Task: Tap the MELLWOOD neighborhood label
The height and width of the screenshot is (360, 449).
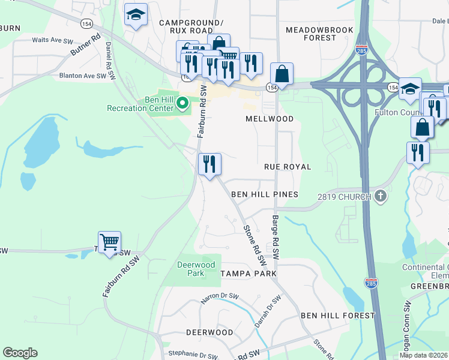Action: pos(270,119)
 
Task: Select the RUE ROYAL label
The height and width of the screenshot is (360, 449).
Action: pos(288,167)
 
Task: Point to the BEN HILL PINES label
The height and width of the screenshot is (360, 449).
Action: pos(265,195)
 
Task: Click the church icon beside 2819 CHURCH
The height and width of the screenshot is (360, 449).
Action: pos(380,196)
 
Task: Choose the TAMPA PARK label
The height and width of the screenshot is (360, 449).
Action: pos(248,274)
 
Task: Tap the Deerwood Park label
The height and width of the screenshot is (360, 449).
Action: pos(196,269)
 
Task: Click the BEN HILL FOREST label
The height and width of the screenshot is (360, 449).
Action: pos(337,316)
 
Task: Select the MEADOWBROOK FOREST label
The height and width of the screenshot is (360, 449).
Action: pos(311,34)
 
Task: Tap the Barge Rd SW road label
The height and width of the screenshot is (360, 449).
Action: pos(276,237)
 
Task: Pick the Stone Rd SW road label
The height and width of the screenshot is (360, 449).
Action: pos(255,245)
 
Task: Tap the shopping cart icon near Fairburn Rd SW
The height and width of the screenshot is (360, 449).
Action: pos(110,242)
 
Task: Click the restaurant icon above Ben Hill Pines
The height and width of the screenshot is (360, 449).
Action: pos(209,164)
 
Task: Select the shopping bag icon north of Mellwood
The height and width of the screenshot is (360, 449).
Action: pos(282,74)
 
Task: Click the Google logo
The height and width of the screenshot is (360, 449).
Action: pos(20,353)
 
